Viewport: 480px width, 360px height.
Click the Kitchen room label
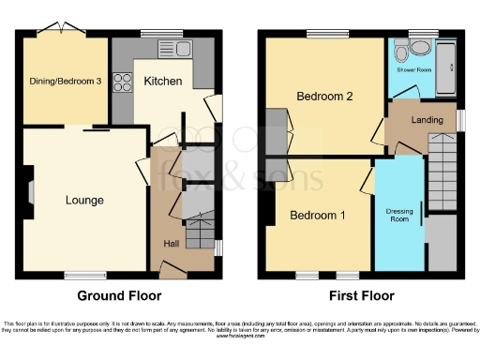pyautogui.click(x=162, y=82)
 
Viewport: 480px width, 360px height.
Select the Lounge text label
pyautogui.click(x=83, y=200)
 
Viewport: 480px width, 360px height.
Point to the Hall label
pyautogui.click(x=172, y=244)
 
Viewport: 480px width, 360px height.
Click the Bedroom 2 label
pyautogui.click(x=324, y=97)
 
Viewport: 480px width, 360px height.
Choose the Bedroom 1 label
pyautogui.click(x=317, y=215)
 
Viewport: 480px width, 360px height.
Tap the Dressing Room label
pyautogui.click(x=399, y=215)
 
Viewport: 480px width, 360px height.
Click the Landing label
pyautogui.click(x=427, y=119)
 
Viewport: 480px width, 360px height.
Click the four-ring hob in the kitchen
pyautogui.click(x=122, y=82)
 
